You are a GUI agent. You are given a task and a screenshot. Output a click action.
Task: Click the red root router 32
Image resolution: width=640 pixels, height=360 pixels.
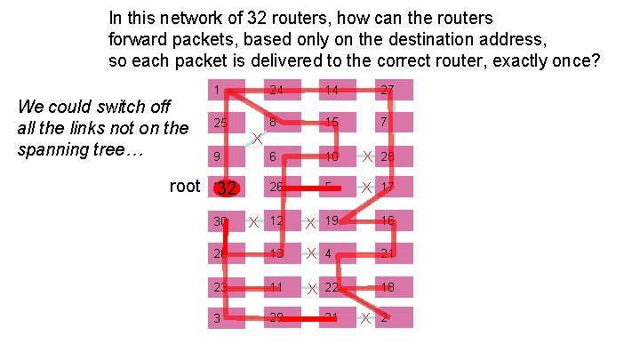pos(227,188)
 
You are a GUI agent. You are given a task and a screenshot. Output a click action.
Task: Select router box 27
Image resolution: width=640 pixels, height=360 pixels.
pos(394,90)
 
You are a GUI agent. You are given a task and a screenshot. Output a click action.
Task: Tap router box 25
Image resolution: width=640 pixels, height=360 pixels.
pos(227,123)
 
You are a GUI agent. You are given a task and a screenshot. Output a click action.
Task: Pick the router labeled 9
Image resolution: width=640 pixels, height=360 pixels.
pos(227,156)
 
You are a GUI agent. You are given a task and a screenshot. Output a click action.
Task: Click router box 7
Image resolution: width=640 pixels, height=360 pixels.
pos(394,123)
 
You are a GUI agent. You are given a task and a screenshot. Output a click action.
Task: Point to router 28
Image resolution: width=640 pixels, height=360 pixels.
pos(394,156)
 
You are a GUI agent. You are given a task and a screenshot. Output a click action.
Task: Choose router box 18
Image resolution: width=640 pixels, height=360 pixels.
pos(394,286)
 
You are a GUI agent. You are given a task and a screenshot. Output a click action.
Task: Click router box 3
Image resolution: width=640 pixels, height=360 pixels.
pos(227,317)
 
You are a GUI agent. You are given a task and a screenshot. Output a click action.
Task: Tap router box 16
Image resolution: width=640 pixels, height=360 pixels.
pos(394,220)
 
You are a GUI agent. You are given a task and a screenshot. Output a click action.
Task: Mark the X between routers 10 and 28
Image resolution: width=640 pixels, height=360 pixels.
pos(366,156)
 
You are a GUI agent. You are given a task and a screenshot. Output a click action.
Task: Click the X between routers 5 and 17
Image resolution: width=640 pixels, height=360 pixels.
pos(366,188)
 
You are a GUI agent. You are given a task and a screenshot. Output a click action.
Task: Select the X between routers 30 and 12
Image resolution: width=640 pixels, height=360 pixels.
pos(253,221)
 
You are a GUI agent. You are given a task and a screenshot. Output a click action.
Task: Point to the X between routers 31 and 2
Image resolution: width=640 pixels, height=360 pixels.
pos(366,318)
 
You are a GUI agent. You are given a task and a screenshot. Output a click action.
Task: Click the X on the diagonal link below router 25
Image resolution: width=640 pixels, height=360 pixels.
pos(255,139)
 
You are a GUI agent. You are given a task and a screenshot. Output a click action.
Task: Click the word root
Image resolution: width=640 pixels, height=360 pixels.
pos(184,186)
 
